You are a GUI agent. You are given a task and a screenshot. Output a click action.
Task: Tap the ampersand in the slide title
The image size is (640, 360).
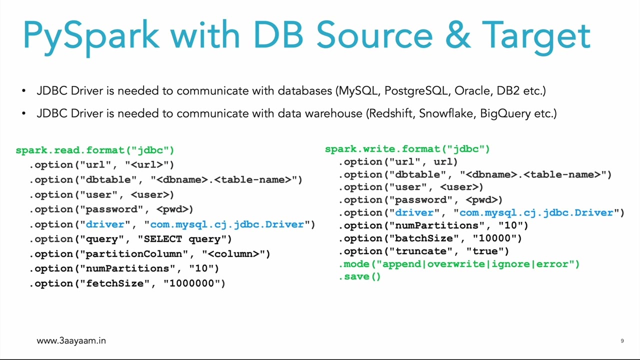(456, 35)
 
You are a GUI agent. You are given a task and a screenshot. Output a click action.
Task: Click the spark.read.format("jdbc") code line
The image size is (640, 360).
(95, 150)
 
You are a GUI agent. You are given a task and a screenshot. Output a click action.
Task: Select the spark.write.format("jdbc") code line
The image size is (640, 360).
(407, 149)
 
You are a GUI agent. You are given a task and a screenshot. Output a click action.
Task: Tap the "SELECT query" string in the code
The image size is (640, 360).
(184, 239)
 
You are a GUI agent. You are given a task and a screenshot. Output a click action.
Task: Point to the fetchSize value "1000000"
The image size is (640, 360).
(194, 283)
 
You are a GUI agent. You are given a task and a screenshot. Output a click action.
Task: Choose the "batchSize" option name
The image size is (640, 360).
(424, 238)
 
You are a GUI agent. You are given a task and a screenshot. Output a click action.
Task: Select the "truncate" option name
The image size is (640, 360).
(421, 251)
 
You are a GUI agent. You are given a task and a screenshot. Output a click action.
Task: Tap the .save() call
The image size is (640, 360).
(360, 276)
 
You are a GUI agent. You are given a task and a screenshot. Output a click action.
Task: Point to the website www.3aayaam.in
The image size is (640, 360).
(71, 340)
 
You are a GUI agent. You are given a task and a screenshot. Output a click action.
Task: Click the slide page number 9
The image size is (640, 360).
(622, 340)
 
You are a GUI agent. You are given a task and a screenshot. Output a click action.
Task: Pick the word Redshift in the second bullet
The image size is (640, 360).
(391, 113)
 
